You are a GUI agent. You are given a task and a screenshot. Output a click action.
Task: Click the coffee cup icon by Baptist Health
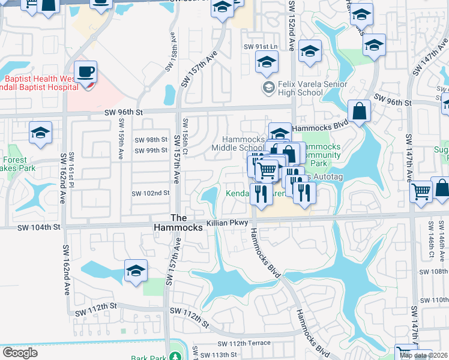coord(85,72)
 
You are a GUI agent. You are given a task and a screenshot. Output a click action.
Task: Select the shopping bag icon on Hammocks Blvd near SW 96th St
coord(358,111)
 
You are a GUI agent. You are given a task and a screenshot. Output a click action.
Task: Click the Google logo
coord(20,353)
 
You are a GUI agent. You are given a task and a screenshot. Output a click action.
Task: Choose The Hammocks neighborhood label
coord(187,223)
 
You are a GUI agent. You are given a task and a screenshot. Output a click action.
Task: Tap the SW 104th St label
coord(40,227)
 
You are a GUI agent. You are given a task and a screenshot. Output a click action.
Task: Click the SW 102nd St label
coord(151,193)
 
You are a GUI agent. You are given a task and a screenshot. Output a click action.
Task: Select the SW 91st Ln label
coord(261,47)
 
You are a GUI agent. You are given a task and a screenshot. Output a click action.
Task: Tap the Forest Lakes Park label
coord(16,164)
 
